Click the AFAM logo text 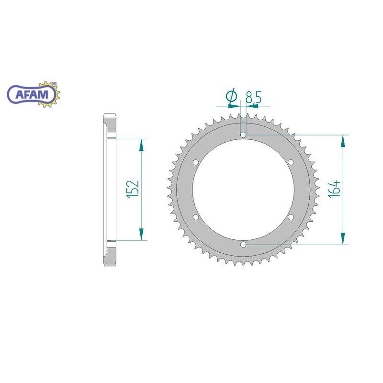point(32,94)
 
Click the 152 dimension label point(133,189)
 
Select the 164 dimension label point(335,189)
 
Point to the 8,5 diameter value point(254,97)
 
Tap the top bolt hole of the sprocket point(243,135)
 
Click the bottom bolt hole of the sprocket point(243,244)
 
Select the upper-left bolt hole point(196,162)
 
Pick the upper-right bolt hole point(291,162)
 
